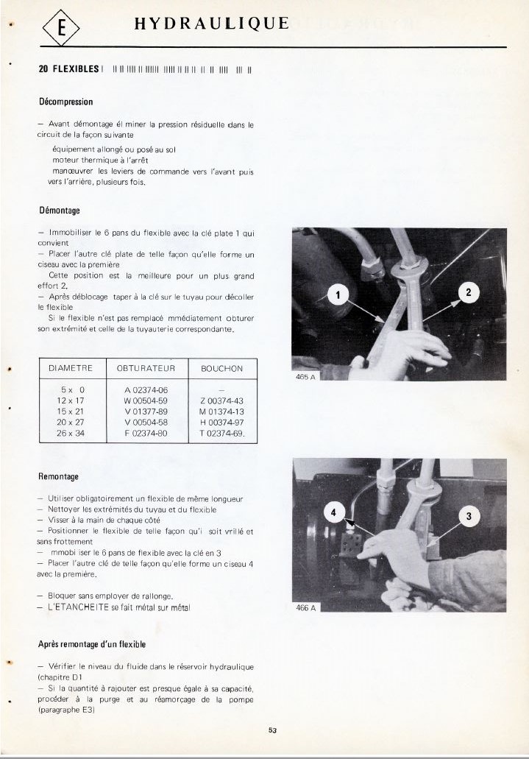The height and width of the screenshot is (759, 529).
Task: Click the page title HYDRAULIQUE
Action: [211, 24]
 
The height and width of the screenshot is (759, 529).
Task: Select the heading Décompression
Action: [65, 101]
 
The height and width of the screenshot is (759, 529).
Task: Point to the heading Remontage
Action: [58, 477]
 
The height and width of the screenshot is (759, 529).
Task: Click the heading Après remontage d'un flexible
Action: [92, 644]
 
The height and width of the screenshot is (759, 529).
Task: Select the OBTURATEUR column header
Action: [146, 368]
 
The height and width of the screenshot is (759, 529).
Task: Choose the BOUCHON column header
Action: [221, 368]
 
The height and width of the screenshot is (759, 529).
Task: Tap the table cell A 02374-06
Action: [146, 389]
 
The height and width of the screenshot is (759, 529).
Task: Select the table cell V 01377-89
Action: [146, 412]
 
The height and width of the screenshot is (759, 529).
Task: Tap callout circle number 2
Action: [469, 292]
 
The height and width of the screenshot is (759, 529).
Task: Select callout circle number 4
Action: [334, 512]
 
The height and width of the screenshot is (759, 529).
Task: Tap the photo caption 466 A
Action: [305, 608]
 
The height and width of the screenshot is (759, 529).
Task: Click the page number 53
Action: [272, 730]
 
